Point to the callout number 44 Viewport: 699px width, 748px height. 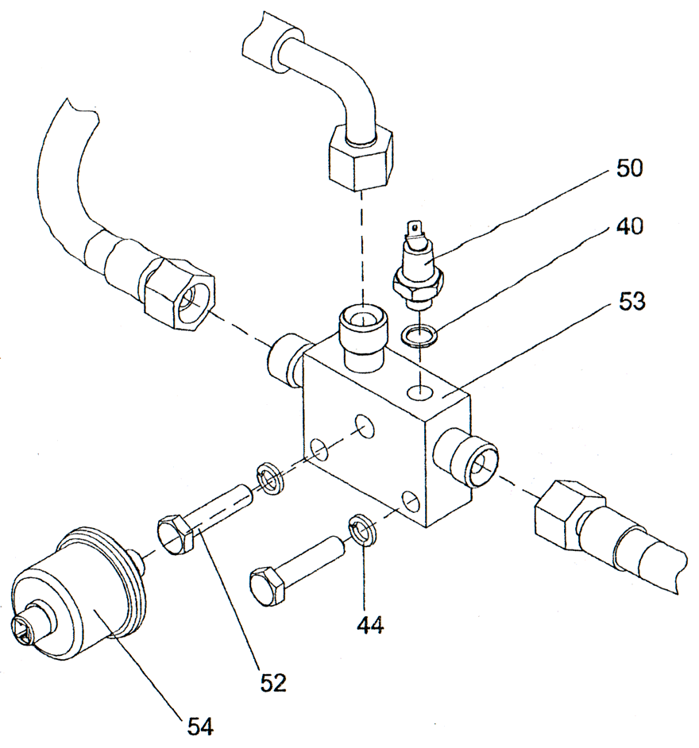pyautogui.click(x=369, y=626)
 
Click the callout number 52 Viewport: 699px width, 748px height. pyautogui.click(x=272, y=681)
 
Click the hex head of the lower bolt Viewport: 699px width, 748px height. pyautogui.click(x=267, y=586)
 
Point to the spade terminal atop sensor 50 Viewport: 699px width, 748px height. pyautogui.click(x=411, y=230)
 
